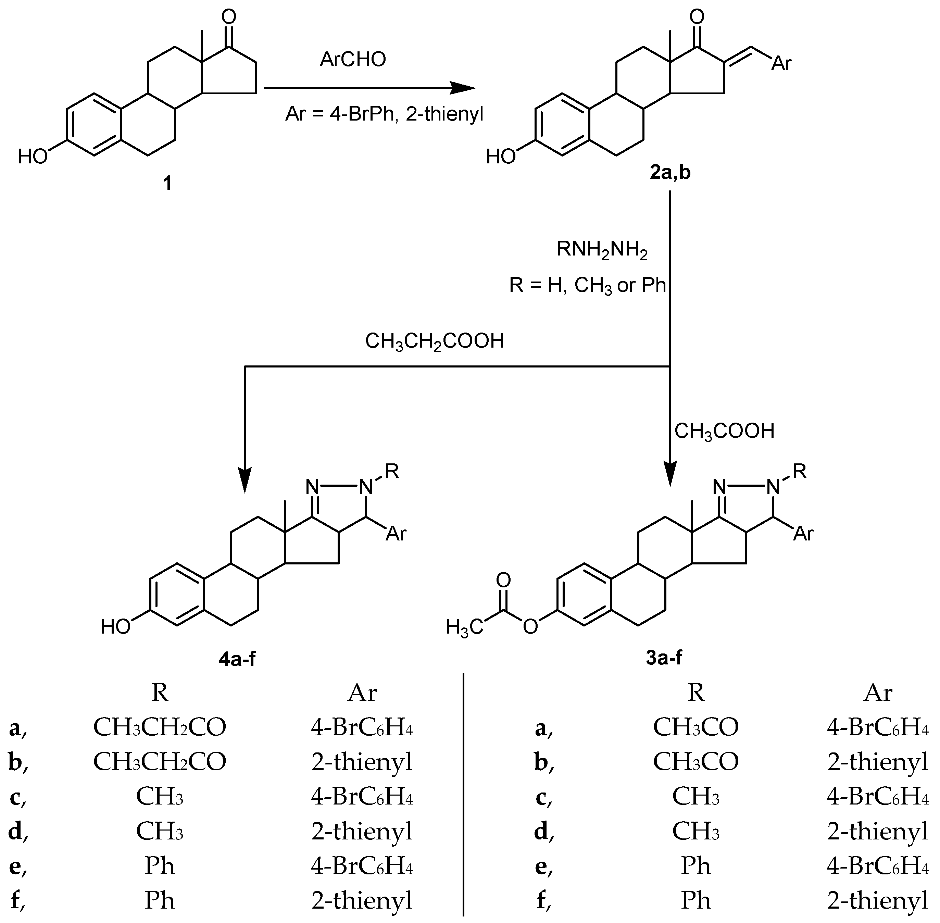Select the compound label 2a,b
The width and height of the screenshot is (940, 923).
click(x=670, y=173)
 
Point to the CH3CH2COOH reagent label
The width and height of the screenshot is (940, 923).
click(x=434, y=341)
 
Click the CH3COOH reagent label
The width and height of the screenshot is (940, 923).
click(x=724, y=431)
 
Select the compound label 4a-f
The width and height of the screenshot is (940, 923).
click(x=237, y=659)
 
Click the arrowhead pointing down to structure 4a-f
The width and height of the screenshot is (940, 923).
click(x=245, y=480)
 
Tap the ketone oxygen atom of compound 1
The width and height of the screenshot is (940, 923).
click(x=229, y=17)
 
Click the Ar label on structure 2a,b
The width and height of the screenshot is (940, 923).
click(x=781, y=63)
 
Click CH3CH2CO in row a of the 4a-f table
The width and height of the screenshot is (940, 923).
click(x=160, y=727)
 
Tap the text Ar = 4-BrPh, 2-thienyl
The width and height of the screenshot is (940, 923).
click(x=384, y=115)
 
